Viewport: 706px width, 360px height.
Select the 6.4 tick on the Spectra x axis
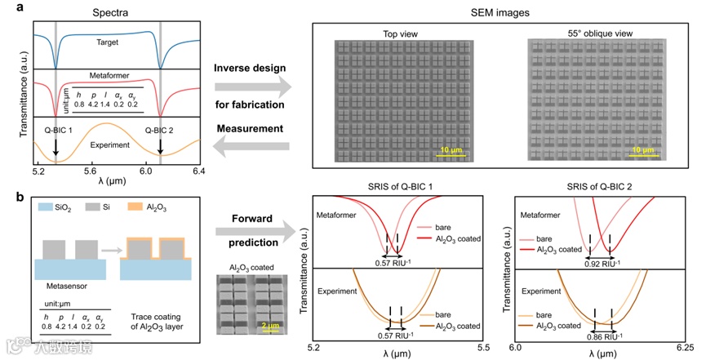pos(198,172)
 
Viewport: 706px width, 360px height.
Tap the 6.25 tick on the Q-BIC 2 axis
pos(684,348)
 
